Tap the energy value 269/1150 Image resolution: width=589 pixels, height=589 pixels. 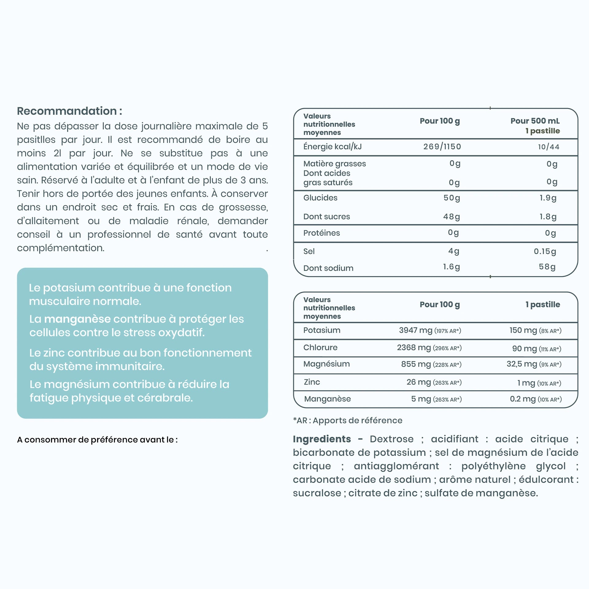(x=442, y=147)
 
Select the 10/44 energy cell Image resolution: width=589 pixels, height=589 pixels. (x=549, y=147)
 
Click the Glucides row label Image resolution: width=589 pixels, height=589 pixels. (x=320, y=198)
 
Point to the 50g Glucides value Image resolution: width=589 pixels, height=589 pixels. (x=452, y=198)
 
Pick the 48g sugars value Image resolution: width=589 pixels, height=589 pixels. (x=452, y=217)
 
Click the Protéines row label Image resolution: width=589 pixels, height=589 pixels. (x=321, y=233)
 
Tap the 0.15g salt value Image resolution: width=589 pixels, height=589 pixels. (x=545, y=252)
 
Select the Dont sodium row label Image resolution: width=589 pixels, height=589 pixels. (x=328, y=268)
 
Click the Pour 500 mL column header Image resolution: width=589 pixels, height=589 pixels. (x=535, y=121)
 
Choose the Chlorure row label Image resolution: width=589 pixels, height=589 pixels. (x=320, y=348)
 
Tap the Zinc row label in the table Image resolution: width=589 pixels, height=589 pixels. (x=312, y=382)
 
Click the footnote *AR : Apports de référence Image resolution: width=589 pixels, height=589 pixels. (x=348, y=421)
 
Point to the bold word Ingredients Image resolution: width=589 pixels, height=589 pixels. (x=322, y=439)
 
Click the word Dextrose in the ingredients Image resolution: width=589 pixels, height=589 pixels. (x=391, y=439)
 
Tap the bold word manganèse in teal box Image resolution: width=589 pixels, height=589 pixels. (x=77, y=319)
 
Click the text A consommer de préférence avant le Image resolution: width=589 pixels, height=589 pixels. (x=97, y=440)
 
